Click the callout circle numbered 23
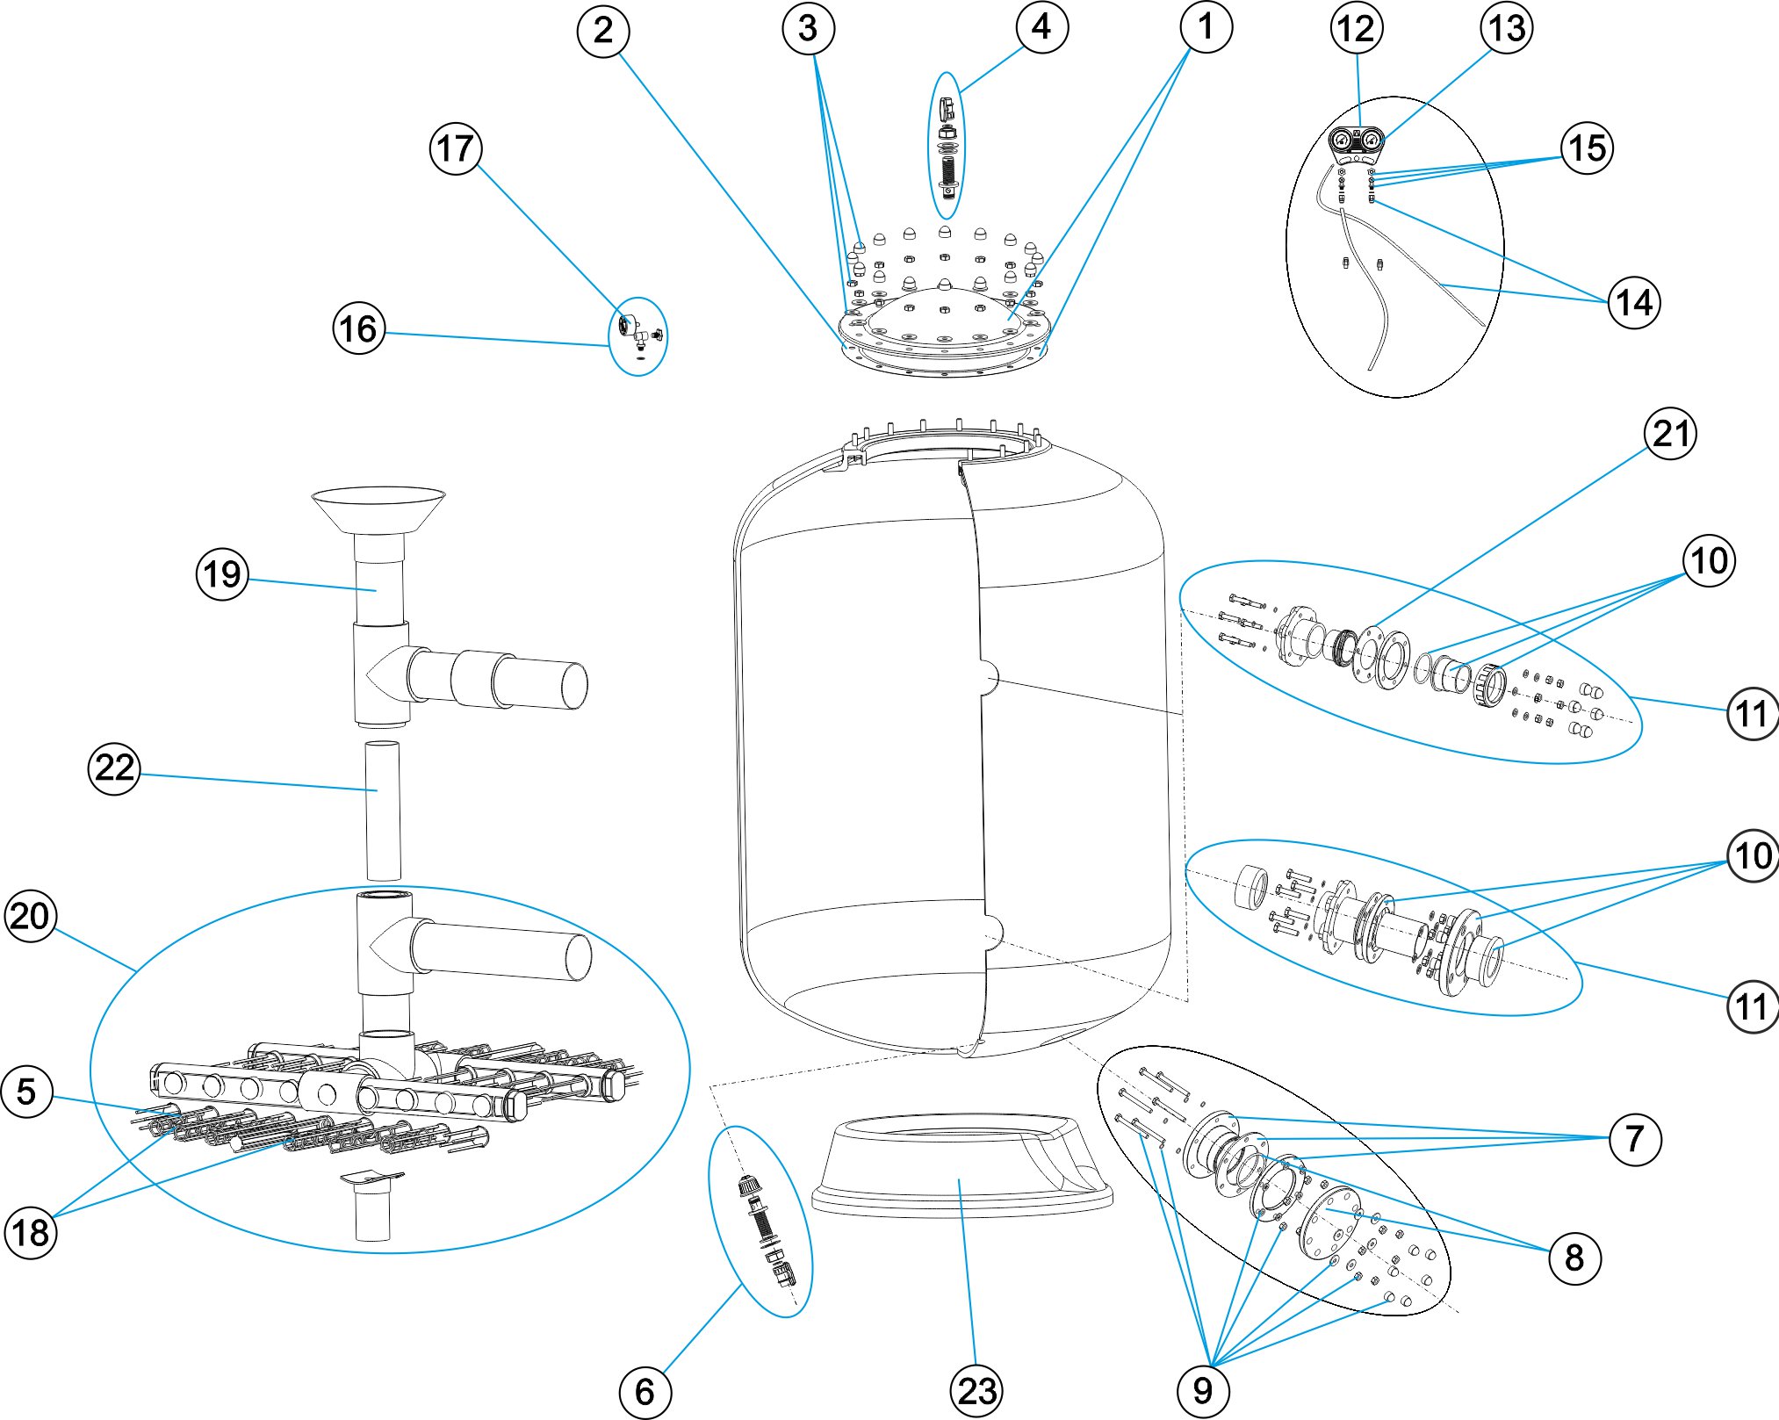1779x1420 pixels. coord(976,1390)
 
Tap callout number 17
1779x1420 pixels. coord(456,148)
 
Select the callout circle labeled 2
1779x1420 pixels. coord(602,32)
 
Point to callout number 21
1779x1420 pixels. coord(1669,434)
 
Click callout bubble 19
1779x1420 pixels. coord(222,574)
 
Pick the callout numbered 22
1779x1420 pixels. coord(114,768)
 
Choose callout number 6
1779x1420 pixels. coord(645,1391)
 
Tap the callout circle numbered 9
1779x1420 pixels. coord(1203,1390)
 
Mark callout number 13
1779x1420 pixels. coord(1507,28)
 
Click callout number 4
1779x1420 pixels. coord(1041,27)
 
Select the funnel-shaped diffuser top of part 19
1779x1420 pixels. coord(378,508)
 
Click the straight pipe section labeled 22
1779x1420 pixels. coord(383,810)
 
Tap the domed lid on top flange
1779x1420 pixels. coord(944,312)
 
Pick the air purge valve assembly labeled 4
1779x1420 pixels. coord(947,149)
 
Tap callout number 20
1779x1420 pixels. coord(31,916)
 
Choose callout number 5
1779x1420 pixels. coord(27,1092)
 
